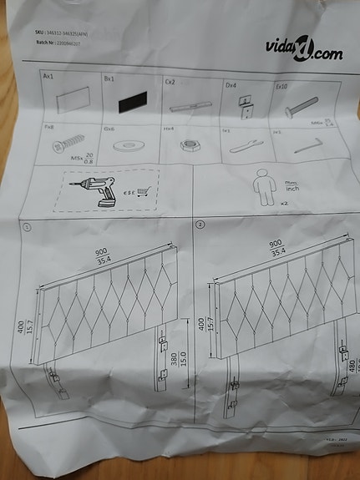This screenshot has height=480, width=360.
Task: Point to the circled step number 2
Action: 200,225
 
